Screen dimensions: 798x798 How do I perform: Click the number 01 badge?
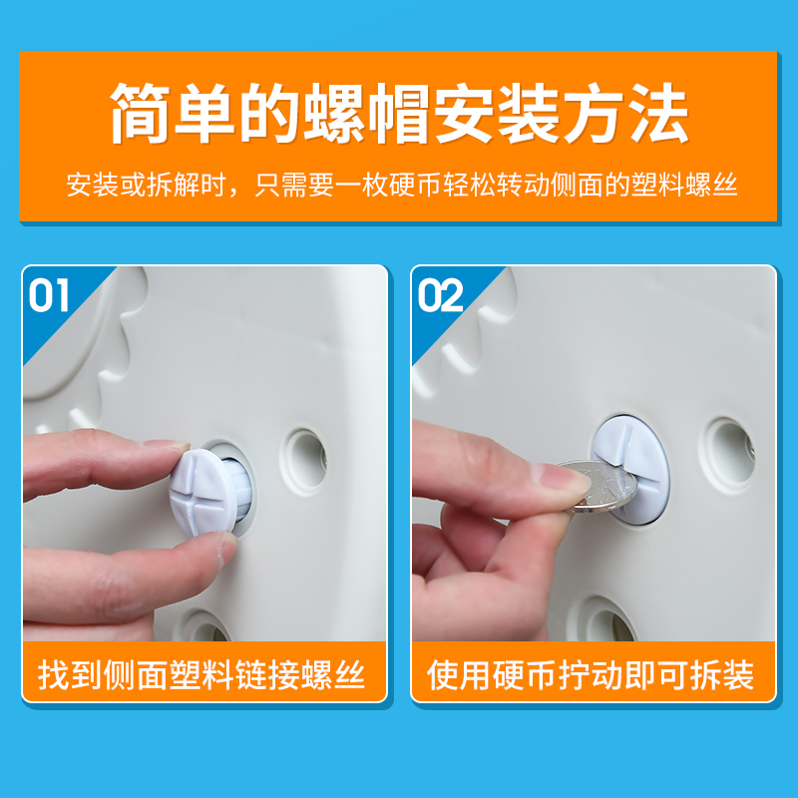pos(49,295)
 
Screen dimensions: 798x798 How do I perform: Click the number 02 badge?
pos(440,295)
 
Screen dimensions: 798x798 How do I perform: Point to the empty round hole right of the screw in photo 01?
pos(305,461)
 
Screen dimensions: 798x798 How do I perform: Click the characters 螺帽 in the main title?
pos(367,113)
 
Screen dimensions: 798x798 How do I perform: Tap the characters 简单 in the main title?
pos(173,113)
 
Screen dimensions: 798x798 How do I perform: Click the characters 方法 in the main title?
pos(625,113)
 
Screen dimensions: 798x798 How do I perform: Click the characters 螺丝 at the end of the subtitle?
pos(711,185)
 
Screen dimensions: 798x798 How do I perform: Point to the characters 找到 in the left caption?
pos(70,675)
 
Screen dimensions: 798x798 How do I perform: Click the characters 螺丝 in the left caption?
pos(333,675)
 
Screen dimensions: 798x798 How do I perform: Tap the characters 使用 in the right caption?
pos(459,675)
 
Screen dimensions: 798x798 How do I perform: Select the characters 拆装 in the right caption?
pos(722,675)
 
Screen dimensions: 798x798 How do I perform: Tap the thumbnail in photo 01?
pos(227,550)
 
